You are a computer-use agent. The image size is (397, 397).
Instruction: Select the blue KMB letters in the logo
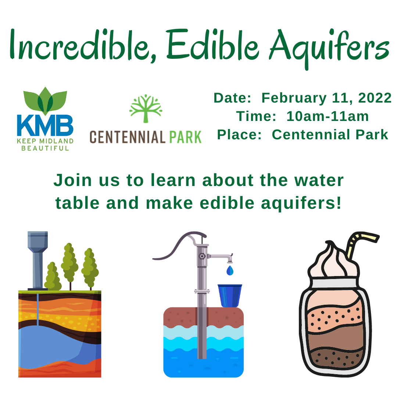point(45,125)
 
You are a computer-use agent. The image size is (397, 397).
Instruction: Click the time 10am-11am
point(328,116)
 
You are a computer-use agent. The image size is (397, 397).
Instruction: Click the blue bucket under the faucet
point(230,295)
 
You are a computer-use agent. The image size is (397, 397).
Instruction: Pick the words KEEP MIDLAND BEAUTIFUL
point(45,144)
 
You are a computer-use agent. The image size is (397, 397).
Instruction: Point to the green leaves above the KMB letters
point(45,100)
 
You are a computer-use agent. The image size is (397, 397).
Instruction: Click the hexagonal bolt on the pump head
point(202,256)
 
